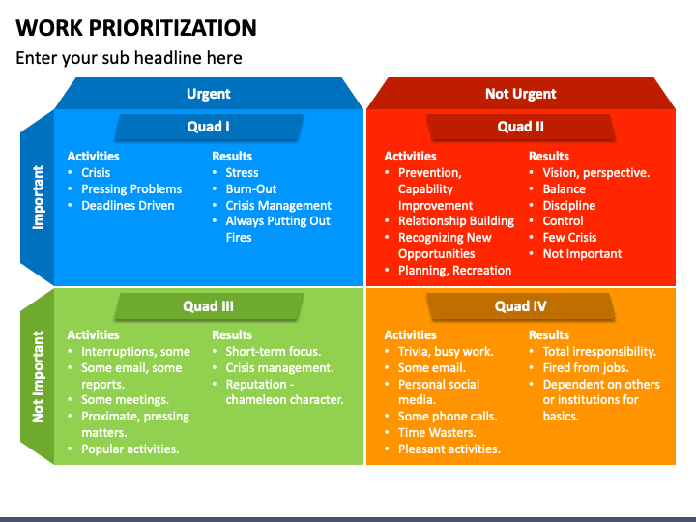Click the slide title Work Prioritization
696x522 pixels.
tap(136, 27)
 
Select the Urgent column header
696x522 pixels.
tap(209, 94)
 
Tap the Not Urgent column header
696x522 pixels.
tap(520, 94)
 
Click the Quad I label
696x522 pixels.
tap(208, 127)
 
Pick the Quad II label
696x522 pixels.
tap(520, 127)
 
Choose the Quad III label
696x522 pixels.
tap(208, 306)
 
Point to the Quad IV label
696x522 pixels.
tap(520, 306)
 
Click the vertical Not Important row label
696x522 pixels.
tap(39, 376)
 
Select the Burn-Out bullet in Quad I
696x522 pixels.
tap(251, 189)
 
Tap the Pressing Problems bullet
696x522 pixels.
tap(131, 189)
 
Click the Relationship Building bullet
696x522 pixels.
tap(456, 221)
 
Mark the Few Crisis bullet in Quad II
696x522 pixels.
tap(569, 238)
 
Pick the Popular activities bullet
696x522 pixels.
tap(130, 449)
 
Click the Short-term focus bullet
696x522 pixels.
tap(274, 352)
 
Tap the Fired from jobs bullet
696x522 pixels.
tap(586, 368)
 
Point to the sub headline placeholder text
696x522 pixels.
tap(129, 58)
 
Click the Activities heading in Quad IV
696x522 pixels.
tap(410, 335)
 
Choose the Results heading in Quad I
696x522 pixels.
tap(232, 156)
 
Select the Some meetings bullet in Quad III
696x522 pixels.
tap(125, 400)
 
